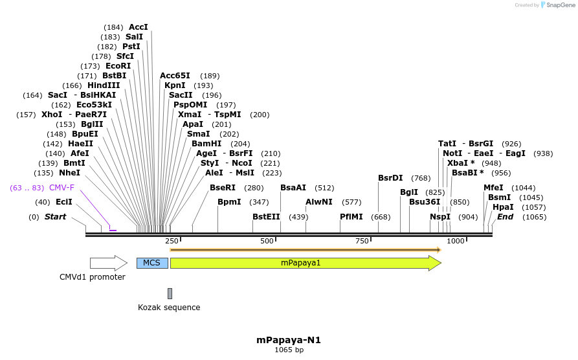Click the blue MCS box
click(152, 263)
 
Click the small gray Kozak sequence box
click(170, 293)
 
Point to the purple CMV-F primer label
click(61, 188)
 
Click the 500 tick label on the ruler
click(267, 241)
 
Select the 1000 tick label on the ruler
click(456, 241)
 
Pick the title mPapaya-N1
click(289, 339)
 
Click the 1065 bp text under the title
click(289, 350)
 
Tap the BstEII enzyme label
click(266, 217)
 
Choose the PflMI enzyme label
click(351, 217)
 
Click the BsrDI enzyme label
click(390, 178)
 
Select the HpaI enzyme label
click(503, 207)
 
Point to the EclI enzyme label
click(64, 202)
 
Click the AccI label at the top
click(139, 27)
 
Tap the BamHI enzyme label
click(206, 144)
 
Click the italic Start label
click(55, 217)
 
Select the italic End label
click(505, 217)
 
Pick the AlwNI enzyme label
click(319, 202)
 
